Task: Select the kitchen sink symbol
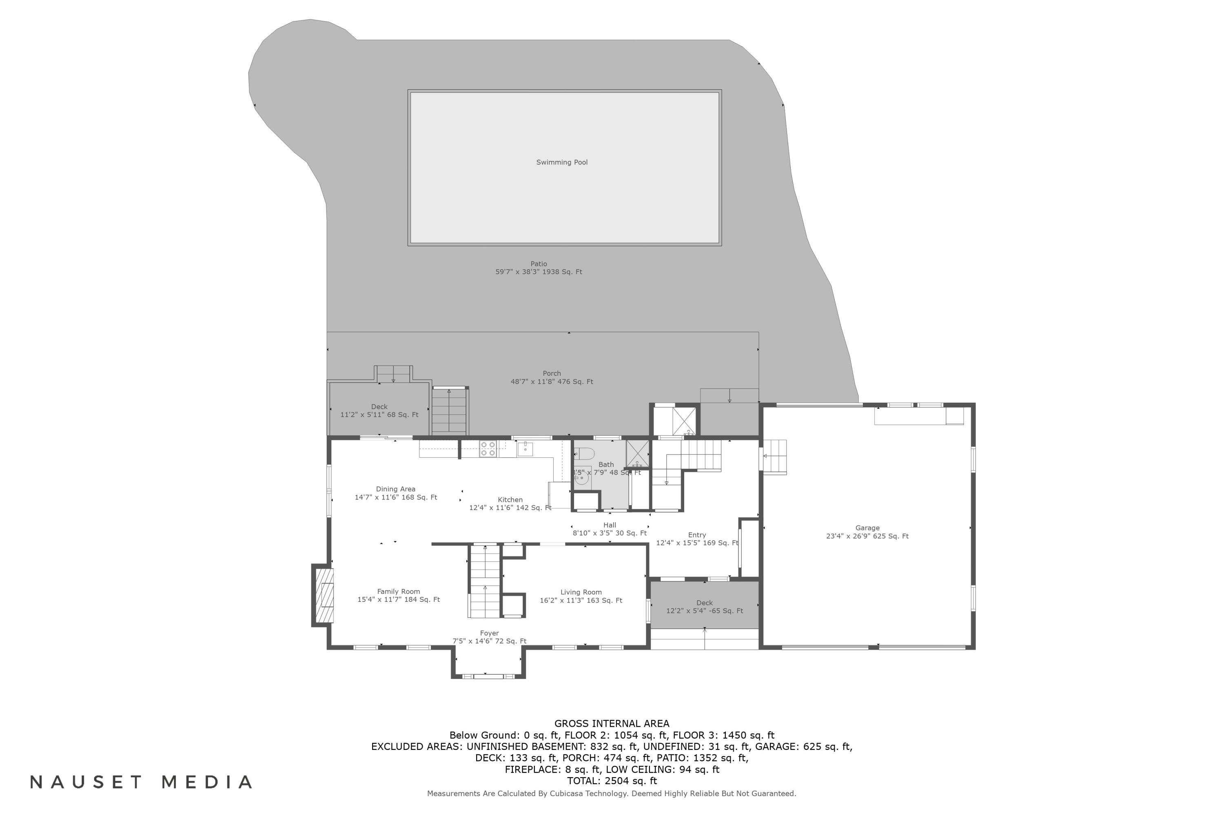point(525,448)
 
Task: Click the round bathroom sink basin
point(581,480)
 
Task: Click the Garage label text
point(867,528)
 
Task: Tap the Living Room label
point(581,592)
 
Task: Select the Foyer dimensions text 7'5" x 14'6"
point(489,641)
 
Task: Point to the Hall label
point(610,525)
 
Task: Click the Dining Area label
point(395,489)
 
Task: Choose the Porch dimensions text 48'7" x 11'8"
point(552,381)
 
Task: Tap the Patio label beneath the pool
point(539,264)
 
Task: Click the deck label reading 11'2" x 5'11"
point(379,415)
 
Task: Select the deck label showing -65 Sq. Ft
point(704,611)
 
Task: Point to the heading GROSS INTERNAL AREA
point(612,723)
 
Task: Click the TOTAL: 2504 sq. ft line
point(612,781)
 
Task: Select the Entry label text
point(697,535)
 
